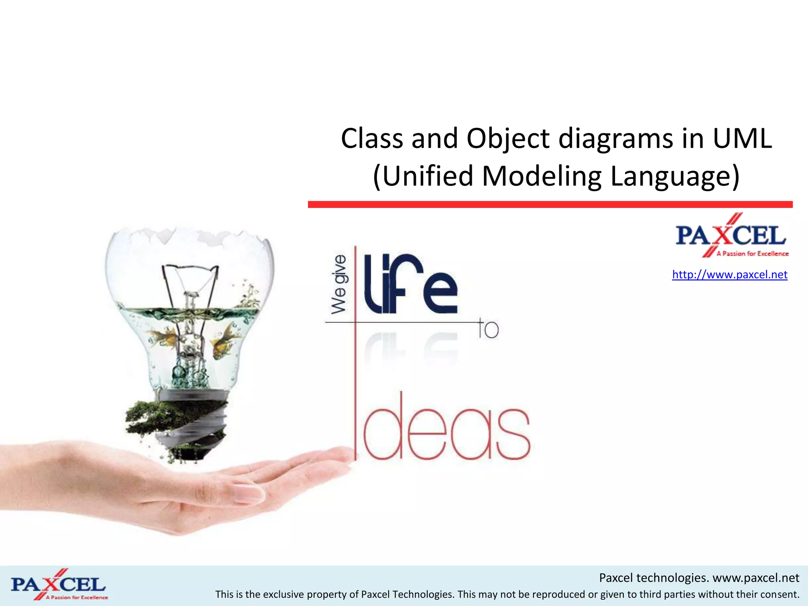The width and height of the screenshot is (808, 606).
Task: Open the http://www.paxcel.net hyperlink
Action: click(729, 275)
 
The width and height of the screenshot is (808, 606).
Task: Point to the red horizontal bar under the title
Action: click(550, 204)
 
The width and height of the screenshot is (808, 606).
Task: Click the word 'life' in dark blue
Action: click(410, 284)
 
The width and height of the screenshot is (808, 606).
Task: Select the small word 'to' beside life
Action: click(489, 328)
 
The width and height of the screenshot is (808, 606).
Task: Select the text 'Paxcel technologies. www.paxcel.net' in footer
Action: click(699, 578)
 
